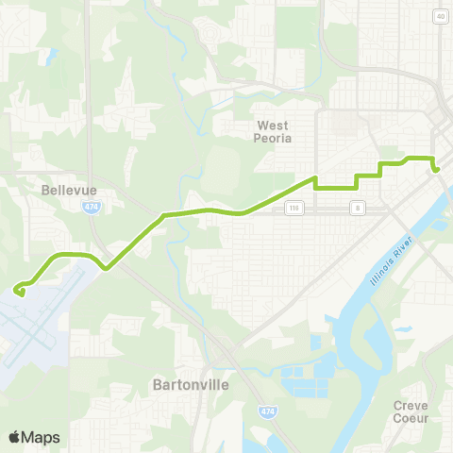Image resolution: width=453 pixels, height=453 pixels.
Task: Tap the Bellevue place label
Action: point(64,189)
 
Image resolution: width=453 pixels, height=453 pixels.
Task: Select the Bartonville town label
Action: point(183,384)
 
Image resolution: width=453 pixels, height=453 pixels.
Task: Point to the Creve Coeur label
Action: point(411,411)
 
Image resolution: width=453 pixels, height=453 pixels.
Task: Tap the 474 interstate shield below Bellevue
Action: point(90,206)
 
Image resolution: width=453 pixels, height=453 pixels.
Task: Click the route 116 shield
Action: point(294,206)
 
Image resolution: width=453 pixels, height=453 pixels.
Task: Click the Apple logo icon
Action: point(14,437)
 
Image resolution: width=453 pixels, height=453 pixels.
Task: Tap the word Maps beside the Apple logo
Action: point(41,437)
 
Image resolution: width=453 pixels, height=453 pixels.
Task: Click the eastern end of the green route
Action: point(437,170)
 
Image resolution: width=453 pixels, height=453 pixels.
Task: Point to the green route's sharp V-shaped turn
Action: point(106,268)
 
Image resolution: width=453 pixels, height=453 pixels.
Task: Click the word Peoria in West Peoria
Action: point(275,138)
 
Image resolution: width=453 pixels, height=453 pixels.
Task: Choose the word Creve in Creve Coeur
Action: point(411,405)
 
